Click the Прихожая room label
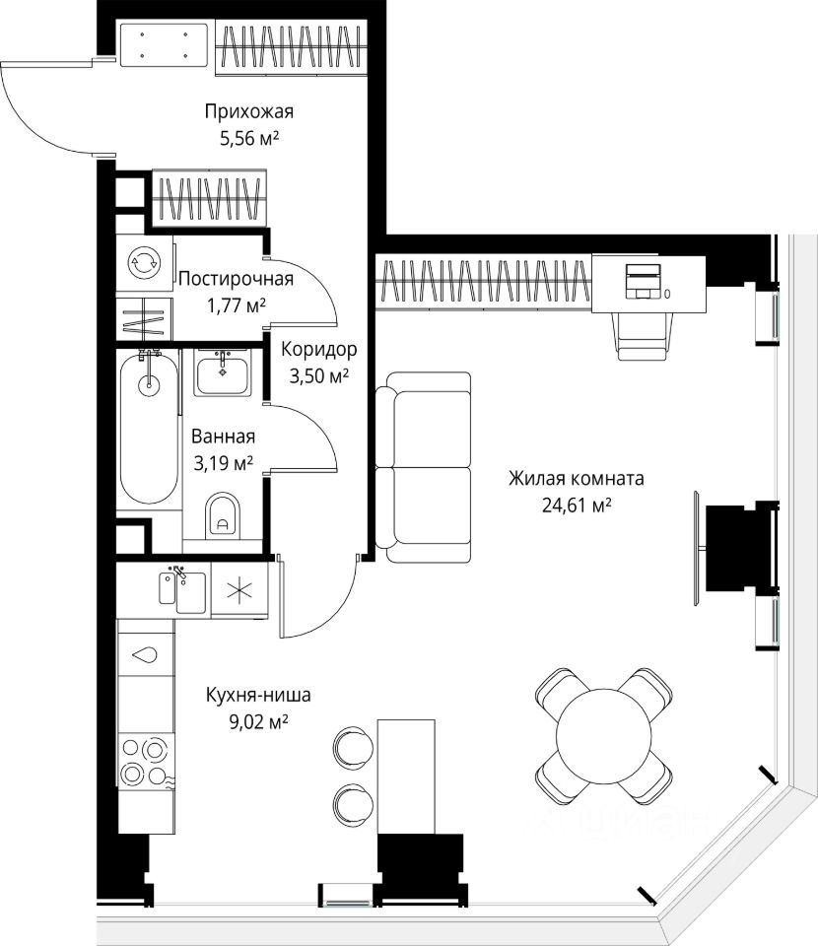click(x=249, y=111)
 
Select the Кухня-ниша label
click(x=258, y=695)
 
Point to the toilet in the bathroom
click(x=223, y=516)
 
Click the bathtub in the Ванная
click(x=149, y=427)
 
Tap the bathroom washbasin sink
click(x=223, y=373)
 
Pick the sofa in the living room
click(x=423, y=467)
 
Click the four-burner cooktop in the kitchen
click(x=146, y=762)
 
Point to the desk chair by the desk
click(x=643, y=335)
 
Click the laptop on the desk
click(x=644, y=281)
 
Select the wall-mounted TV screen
click(x=698, y=549)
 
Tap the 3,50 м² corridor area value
click(x=319, y=376)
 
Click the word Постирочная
click(x=236, y=279)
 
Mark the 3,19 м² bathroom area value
click(x=223, y=463)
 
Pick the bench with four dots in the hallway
click(x=164, y=44)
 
